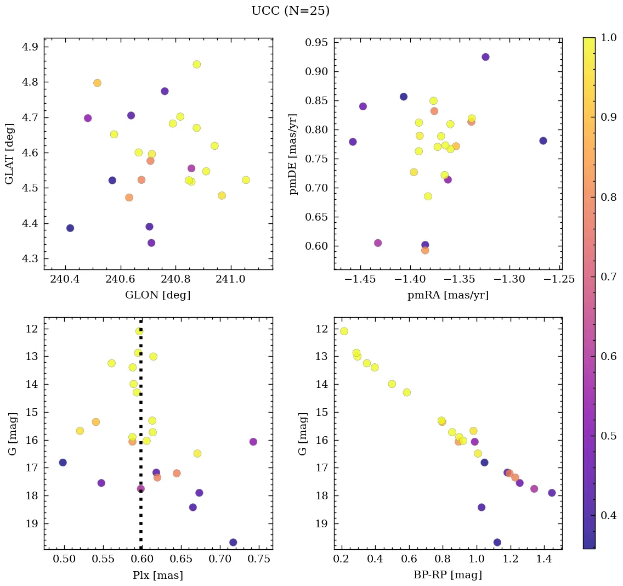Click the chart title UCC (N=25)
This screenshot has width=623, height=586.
point(290,11)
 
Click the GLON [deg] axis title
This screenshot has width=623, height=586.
point(158,295)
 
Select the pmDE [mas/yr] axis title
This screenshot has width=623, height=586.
point(293,154)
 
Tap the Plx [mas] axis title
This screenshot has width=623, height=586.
point(158,576)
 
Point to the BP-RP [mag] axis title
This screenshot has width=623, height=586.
point(448,576)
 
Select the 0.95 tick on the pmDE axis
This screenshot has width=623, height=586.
point(316,43)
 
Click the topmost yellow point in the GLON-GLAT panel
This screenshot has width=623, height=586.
point(196,64)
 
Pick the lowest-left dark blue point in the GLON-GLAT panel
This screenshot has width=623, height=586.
point(70,228)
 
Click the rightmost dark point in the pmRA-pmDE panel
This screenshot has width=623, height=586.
point(543,141)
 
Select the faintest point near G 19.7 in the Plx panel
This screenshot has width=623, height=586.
point(233,542)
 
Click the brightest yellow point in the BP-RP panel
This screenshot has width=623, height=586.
point(344,331)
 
